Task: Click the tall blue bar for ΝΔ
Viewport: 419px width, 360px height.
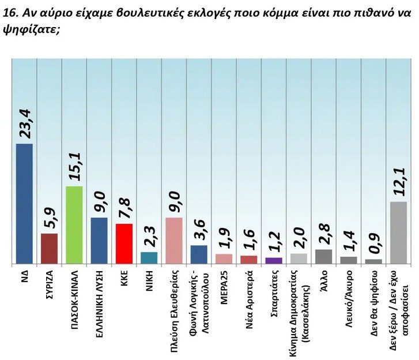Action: click(x=24, y=203)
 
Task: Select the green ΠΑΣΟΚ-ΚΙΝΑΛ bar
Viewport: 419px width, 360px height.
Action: click(x=75, y=225)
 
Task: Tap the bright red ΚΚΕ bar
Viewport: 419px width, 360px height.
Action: click(x=124, y=243)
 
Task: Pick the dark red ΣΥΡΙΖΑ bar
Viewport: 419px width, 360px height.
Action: click(x=49, y=248)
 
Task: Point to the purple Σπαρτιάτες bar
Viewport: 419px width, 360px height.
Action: click(x=273, y=260)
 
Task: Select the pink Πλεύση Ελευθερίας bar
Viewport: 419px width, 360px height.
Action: click(x=174, y=240)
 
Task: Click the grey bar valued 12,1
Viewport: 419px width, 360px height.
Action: click(x=398, y=232)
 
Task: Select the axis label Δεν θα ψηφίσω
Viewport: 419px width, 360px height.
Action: click(x=373, y=300)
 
